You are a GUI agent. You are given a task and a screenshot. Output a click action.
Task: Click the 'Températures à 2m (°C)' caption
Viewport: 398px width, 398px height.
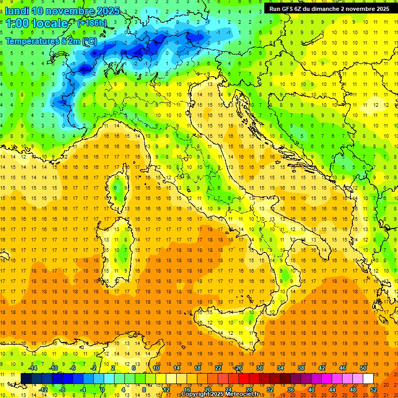point(51,41)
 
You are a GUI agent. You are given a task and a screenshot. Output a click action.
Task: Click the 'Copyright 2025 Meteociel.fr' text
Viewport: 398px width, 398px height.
point(220,394)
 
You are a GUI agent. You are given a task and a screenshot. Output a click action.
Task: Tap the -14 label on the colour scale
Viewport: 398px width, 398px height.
point(34,367)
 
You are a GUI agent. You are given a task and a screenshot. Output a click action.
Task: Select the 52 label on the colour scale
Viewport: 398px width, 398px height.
point(374,389)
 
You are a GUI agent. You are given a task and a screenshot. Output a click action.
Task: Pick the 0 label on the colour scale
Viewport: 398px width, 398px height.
point(103,389)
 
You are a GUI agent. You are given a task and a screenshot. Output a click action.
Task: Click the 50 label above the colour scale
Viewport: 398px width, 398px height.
point(363,367)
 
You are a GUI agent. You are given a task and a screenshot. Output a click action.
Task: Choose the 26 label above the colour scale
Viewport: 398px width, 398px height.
point(238,367)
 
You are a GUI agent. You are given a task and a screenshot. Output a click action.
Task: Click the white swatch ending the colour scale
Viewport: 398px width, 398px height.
point(368,378)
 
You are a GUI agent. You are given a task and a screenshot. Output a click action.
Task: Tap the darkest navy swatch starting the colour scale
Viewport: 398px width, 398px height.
point(26,378)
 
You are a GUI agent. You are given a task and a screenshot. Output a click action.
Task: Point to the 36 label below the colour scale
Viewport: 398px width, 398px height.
point(291,389)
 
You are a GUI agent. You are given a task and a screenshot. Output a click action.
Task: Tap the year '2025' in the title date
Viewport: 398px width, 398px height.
point(108,11)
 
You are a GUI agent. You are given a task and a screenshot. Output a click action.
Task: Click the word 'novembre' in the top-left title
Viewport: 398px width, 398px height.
point(70,11)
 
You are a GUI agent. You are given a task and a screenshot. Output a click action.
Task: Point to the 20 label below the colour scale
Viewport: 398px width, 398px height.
point(207,389)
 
